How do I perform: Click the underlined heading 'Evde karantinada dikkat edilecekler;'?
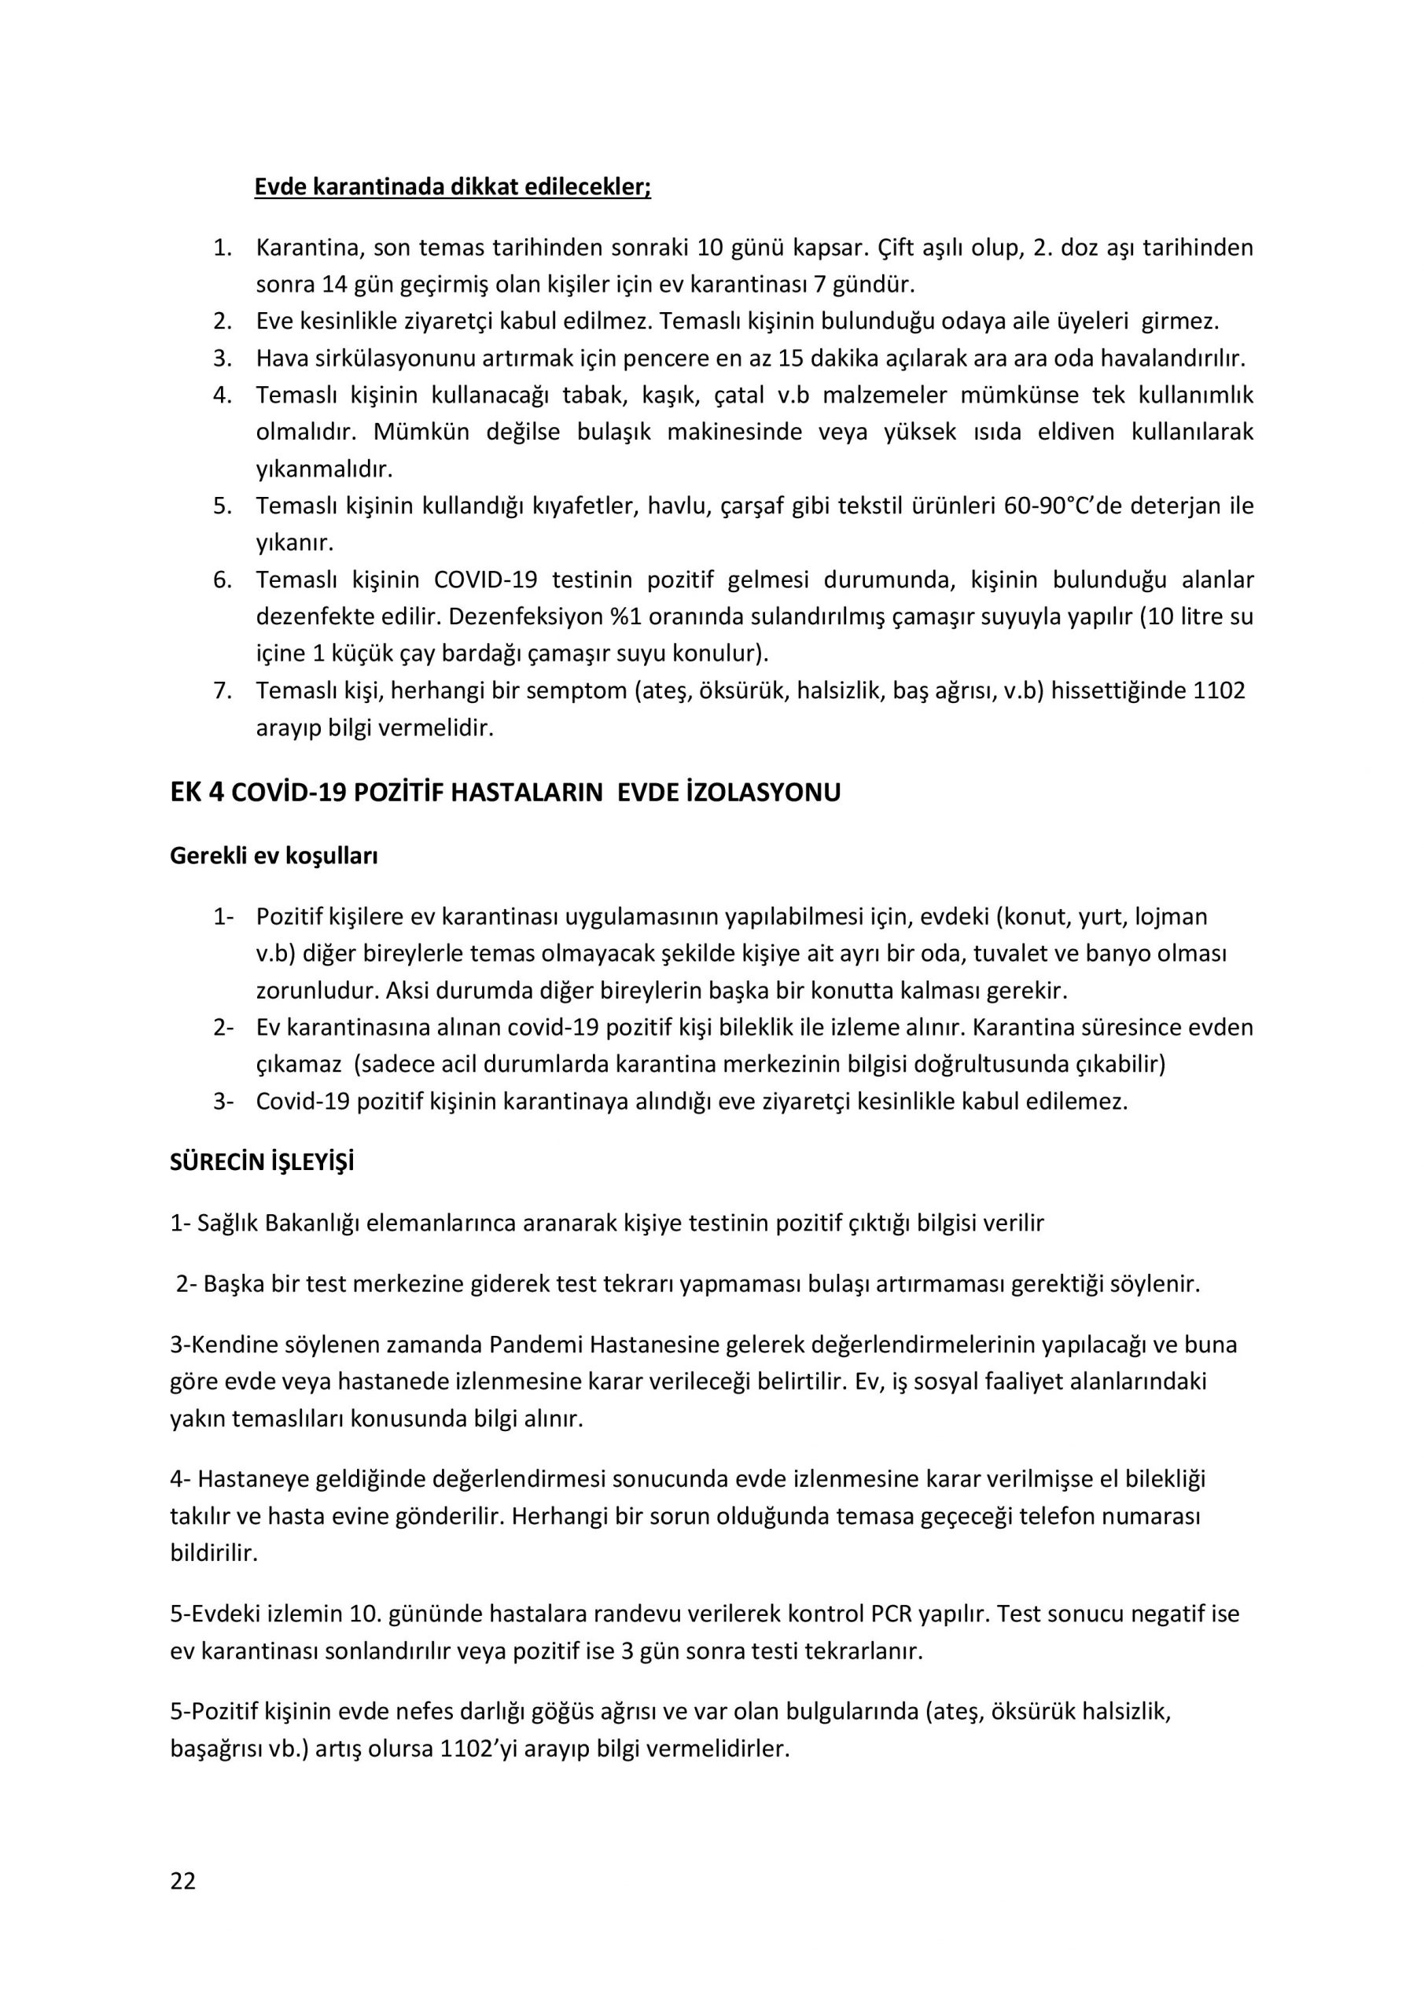tap(452, 188)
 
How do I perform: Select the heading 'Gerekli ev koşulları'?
tap(274, 856)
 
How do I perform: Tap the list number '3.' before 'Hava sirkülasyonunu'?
tap(223, 359)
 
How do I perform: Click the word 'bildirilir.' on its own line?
tap(214, 1554)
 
